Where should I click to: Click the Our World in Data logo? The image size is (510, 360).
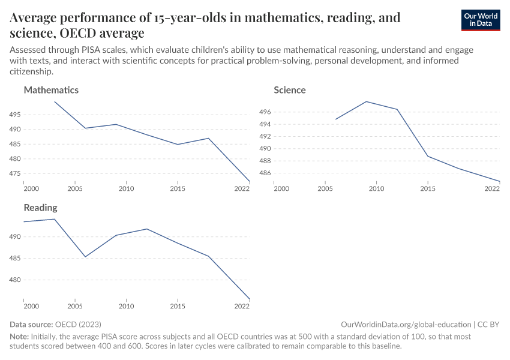click(480, 20)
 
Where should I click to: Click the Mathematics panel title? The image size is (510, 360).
click(51, 90)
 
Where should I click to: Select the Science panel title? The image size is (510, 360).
click(290, 90)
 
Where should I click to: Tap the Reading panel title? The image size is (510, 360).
click(40, 208)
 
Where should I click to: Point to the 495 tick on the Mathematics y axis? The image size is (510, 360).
click(16, 115)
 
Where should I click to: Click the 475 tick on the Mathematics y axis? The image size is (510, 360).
click(16, 174)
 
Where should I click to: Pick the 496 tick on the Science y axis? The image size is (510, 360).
click(266, 112)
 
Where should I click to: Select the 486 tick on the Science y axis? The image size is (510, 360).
click(266, 173)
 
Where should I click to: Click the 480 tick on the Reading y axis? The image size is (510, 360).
click(16, 280)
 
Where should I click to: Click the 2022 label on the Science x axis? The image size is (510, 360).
click(492, 189)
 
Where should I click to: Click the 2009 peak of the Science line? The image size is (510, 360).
click(366, 101)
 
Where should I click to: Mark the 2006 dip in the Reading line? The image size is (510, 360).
click(85, 257)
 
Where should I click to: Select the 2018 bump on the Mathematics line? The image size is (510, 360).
click(208, 138)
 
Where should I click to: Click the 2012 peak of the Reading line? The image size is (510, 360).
click(147, 229)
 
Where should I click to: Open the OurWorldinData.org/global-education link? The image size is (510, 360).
click(406, 324)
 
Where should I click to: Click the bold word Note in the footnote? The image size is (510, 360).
click(19, 337)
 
